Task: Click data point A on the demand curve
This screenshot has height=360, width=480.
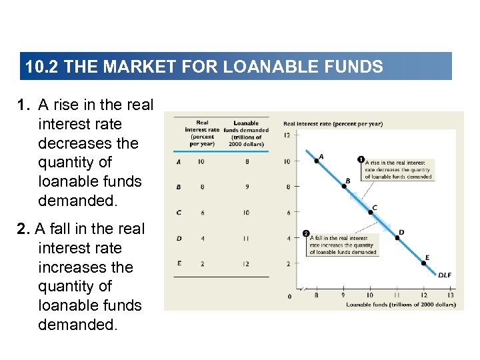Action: click(x=316, y=161)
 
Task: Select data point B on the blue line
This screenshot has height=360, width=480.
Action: click(x=343, y=186)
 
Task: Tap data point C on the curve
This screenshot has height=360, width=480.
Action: click(x=370, y=212)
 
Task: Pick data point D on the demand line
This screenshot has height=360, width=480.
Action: click(x=397, y=237)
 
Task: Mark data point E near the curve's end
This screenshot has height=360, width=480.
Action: click(x=424, y=263)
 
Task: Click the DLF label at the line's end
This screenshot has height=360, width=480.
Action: click(x=444, y=275)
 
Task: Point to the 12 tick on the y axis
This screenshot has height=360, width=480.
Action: click(x=287, y=135)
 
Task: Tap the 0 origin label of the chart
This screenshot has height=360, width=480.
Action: click(x=289, y=296)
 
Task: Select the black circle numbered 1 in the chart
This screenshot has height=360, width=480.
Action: click(x=361, y=160)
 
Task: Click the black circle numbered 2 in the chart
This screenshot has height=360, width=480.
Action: click(x=305, y=233)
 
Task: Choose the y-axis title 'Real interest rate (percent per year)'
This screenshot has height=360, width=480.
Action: click(x=333, y=123)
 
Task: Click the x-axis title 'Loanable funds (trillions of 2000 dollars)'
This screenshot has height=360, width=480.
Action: click(x=401, y=305)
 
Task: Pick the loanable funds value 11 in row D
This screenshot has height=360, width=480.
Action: click(x=246, y=237)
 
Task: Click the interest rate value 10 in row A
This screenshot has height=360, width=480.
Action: click(x=202, y=161)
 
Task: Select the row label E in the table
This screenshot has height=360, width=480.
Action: click(x=179, y=263)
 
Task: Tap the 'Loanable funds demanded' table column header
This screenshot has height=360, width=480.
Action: click(x=246, y=133)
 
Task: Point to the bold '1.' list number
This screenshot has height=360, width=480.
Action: click(x=25, y=105)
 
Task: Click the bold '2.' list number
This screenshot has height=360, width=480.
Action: click(x=25, y=229)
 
